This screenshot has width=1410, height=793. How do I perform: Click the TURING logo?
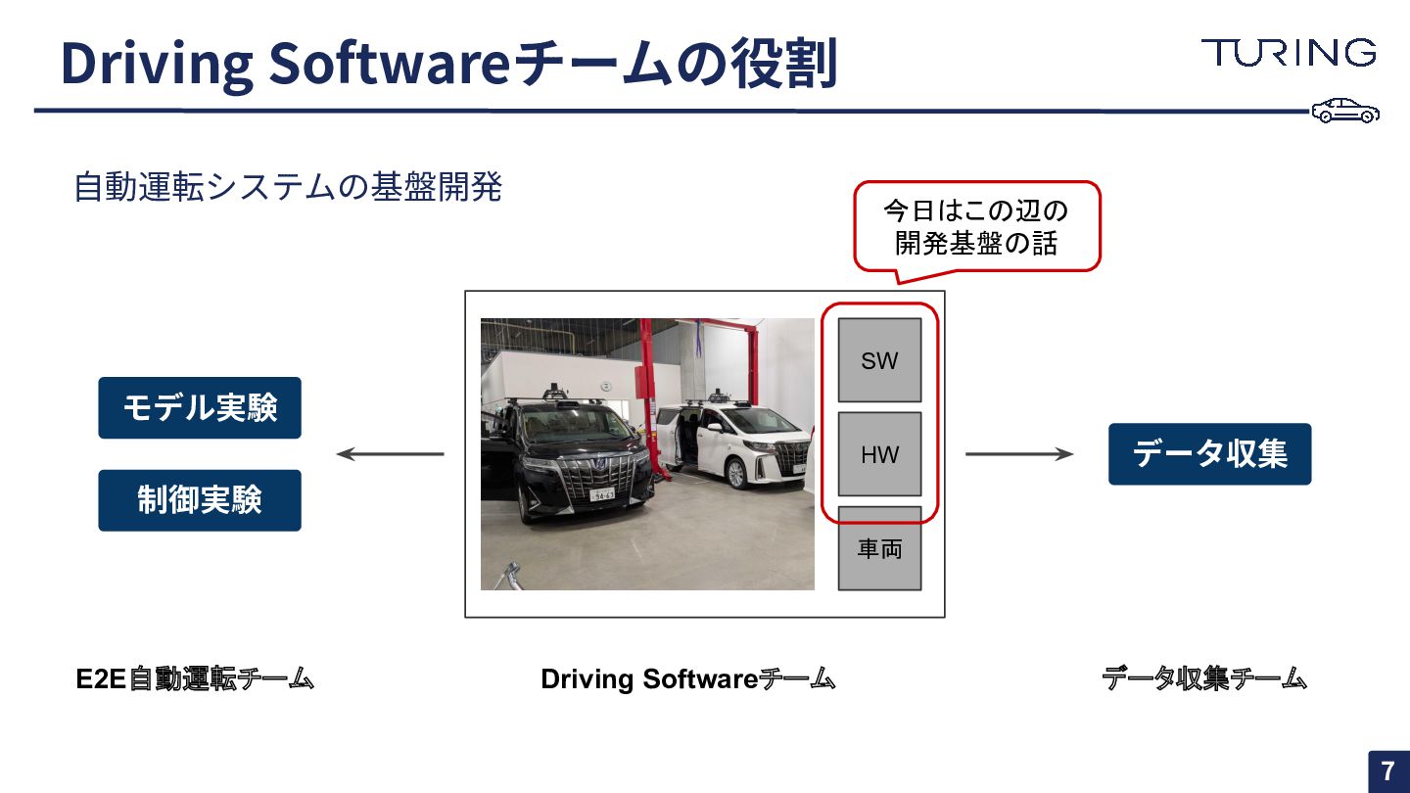(1289, 53)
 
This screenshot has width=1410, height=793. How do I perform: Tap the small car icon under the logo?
(1345, 111)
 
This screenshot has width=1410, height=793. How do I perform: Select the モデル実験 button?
(200, 407)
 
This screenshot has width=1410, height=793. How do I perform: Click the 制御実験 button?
(200, 500)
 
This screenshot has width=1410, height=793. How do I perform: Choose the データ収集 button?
(1209, 454)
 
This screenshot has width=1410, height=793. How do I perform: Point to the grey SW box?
(879, 360)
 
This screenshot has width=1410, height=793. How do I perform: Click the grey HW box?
(879, 454)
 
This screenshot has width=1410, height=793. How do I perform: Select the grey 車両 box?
(879, 549)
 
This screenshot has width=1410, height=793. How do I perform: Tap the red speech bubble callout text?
(976, 227)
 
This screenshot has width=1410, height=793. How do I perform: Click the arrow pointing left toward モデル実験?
(390, 454)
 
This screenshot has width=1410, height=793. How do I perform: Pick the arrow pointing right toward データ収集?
(1019, 454)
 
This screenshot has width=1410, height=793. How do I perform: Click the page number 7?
(1387, 770)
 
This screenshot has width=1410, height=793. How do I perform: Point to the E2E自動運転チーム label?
(195, 678)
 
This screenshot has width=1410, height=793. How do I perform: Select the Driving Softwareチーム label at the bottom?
(687, 678)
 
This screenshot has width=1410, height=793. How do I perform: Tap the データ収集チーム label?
(1204, 678)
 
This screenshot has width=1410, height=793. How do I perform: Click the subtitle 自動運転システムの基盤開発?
(288, 187)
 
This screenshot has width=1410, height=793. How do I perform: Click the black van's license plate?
(601, 494)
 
